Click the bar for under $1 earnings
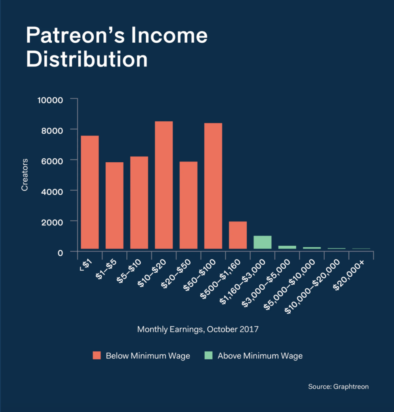90,192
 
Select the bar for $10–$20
163,185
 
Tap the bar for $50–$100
213,186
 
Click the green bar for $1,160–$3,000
262,242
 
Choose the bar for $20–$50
188,205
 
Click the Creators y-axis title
25,175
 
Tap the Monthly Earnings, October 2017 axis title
197,329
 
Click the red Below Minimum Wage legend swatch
96,356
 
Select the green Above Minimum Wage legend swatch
208,356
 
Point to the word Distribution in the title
86,59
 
